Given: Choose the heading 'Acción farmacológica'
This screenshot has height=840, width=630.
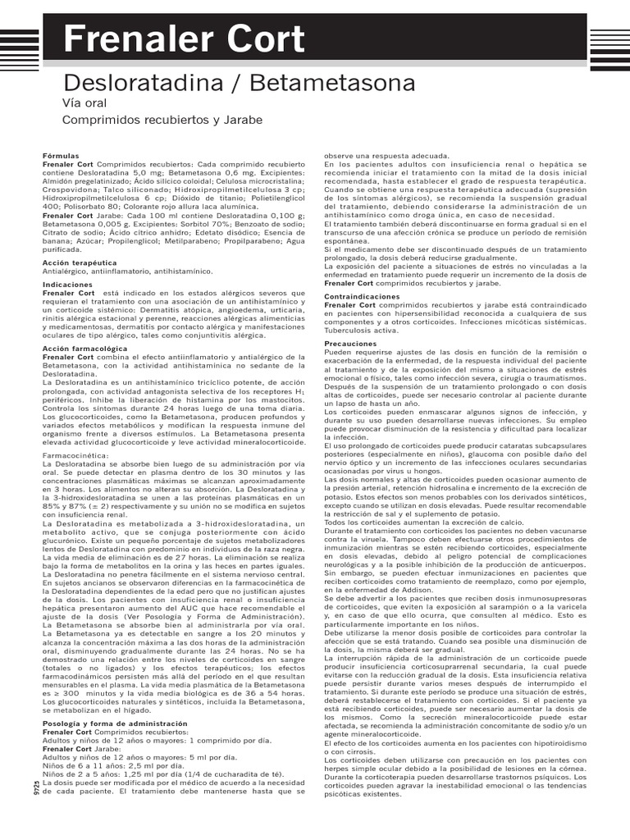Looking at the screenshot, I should click(80, 349).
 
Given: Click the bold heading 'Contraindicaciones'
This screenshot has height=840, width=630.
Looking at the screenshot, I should click(362, 296).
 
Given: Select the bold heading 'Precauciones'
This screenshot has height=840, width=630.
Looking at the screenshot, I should click(350, 343).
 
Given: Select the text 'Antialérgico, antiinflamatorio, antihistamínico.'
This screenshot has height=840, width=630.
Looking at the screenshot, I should click(127, 271).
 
